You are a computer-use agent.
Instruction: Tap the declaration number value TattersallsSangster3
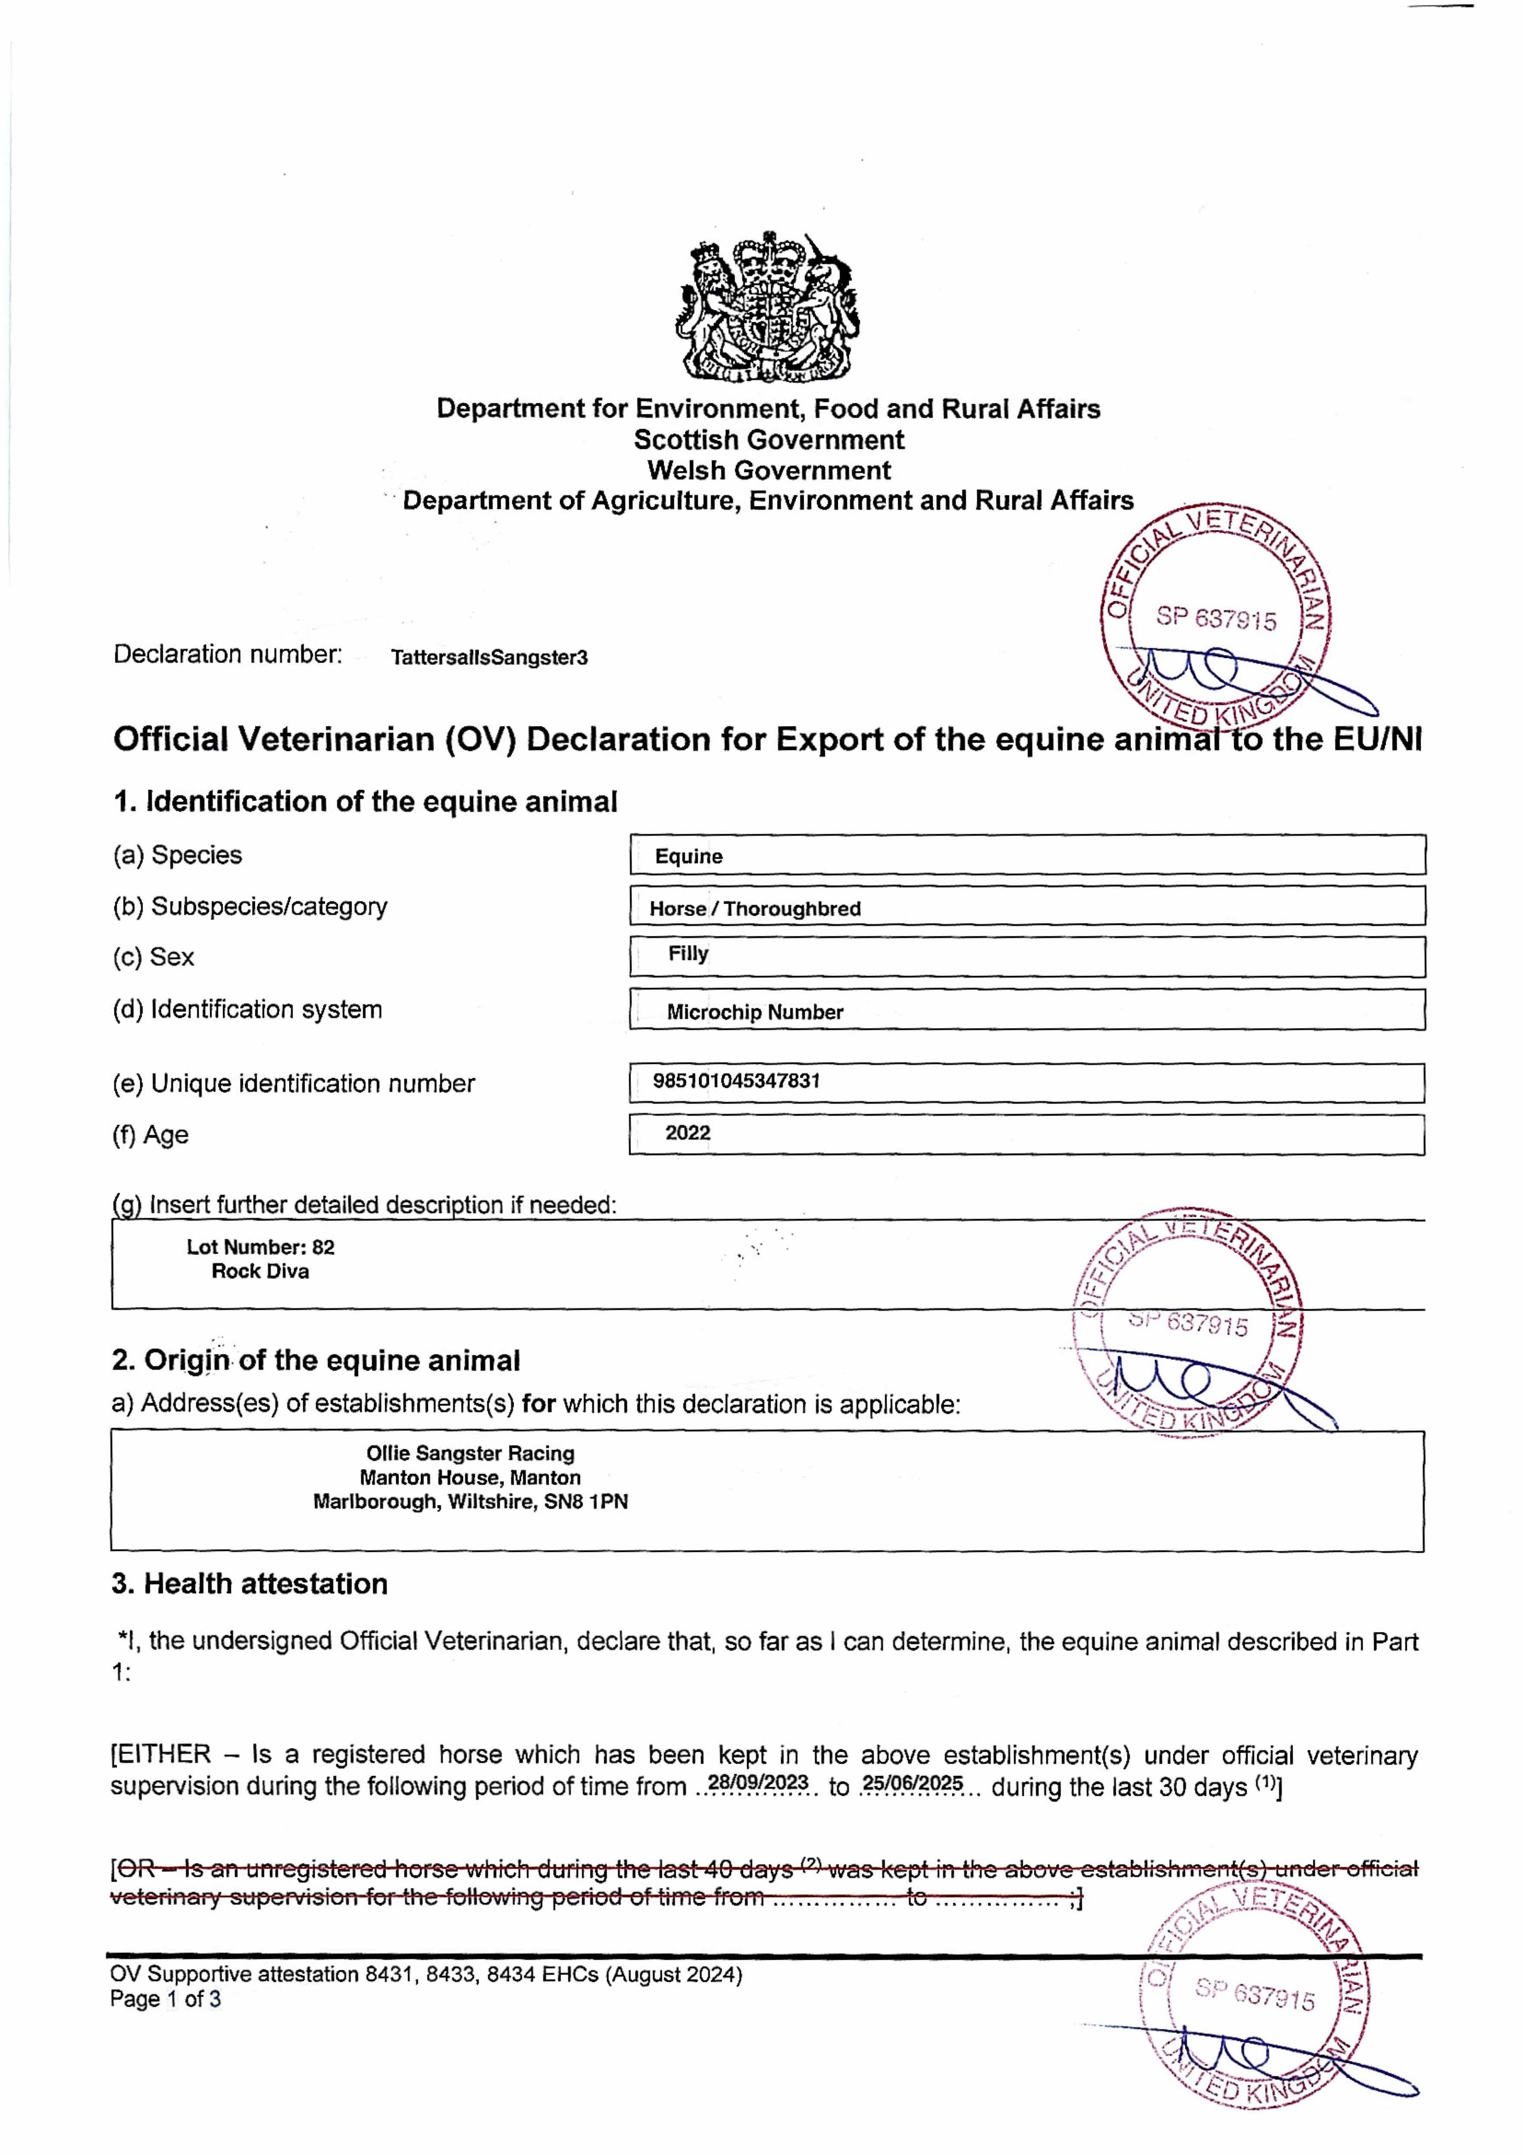[489, 657]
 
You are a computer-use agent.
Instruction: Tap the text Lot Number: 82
[260, 1247]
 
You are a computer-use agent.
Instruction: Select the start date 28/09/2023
[758, 1782]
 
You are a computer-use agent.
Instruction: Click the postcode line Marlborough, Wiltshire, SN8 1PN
[470, 1502]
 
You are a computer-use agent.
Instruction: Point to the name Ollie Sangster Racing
[470, 1453]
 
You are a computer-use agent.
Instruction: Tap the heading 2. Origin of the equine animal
[316, 1361]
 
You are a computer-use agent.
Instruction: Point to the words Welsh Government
[768, 470]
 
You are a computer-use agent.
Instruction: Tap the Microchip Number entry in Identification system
[755, 1012]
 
